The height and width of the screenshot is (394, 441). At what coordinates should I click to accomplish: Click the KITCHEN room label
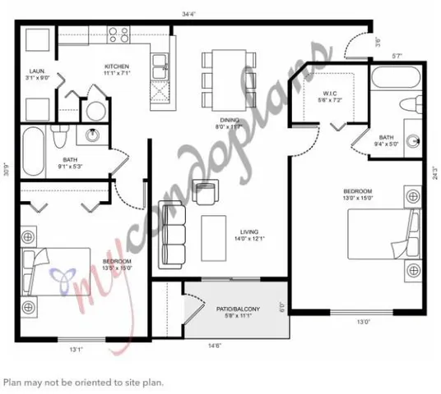pyautogui.click(x=114, y=66)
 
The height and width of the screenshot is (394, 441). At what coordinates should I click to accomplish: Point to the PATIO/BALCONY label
pyautogui.click(x=238, y=308)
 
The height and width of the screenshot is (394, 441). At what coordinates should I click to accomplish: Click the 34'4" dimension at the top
pyautogui.click(x=190, y=14)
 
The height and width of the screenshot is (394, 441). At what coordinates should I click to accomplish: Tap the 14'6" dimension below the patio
pyautogui.click(x=216, y=346)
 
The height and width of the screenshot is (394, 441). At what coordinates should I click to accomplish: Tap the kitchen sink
pyautogui.click(x=160, y=64)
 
